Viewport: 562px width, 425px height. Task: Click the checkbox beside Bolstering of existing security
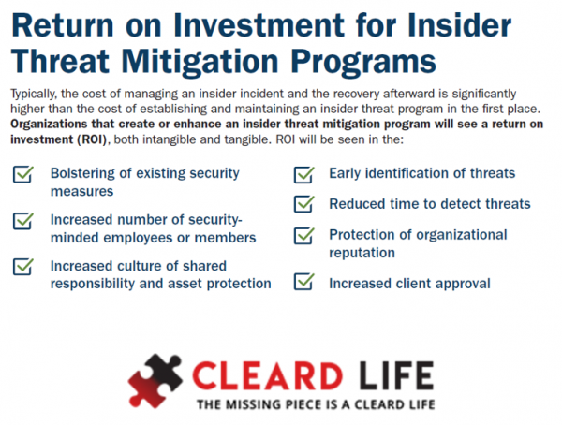[x=23, y=174]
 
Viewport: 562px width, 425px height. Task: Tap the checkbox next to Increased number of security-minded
[x=23, y=221]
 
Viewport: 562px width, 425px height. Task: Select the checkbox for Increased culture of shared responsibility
[x=23, y=267]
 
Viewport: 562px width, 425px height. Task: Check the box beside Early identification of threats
[x=303, y=174]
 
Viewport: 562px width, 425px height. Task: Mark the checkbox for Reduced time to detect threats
[x=303, y=204]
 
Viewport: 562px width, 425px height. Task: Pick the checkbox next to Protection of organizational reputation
[x=303, y=236]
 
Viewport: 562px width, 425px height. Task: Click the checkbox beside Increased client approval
[x=303, y=282]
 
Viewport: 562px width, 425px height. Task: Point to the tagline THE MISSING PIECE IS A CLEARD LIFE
[x=314, y=405]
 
